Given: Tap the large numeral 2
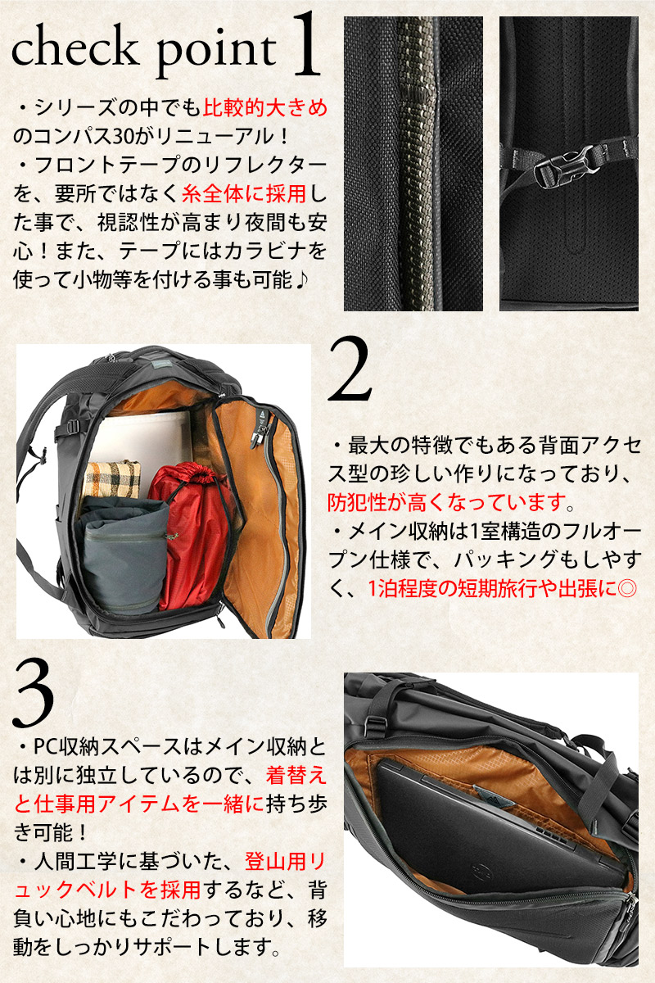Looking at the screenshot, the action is [350, 369].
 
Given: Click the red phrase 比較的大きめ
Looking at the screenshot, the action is [265, 108].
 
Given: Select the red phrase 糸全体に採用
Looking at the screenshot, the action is [244, 193].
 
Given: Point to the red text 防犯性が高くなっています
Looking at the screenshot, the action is [447, 502].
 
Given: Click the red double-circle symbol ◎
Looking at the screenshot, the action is [626, 589].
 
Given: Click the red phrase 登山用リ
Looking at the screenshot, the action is [285, 863].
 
